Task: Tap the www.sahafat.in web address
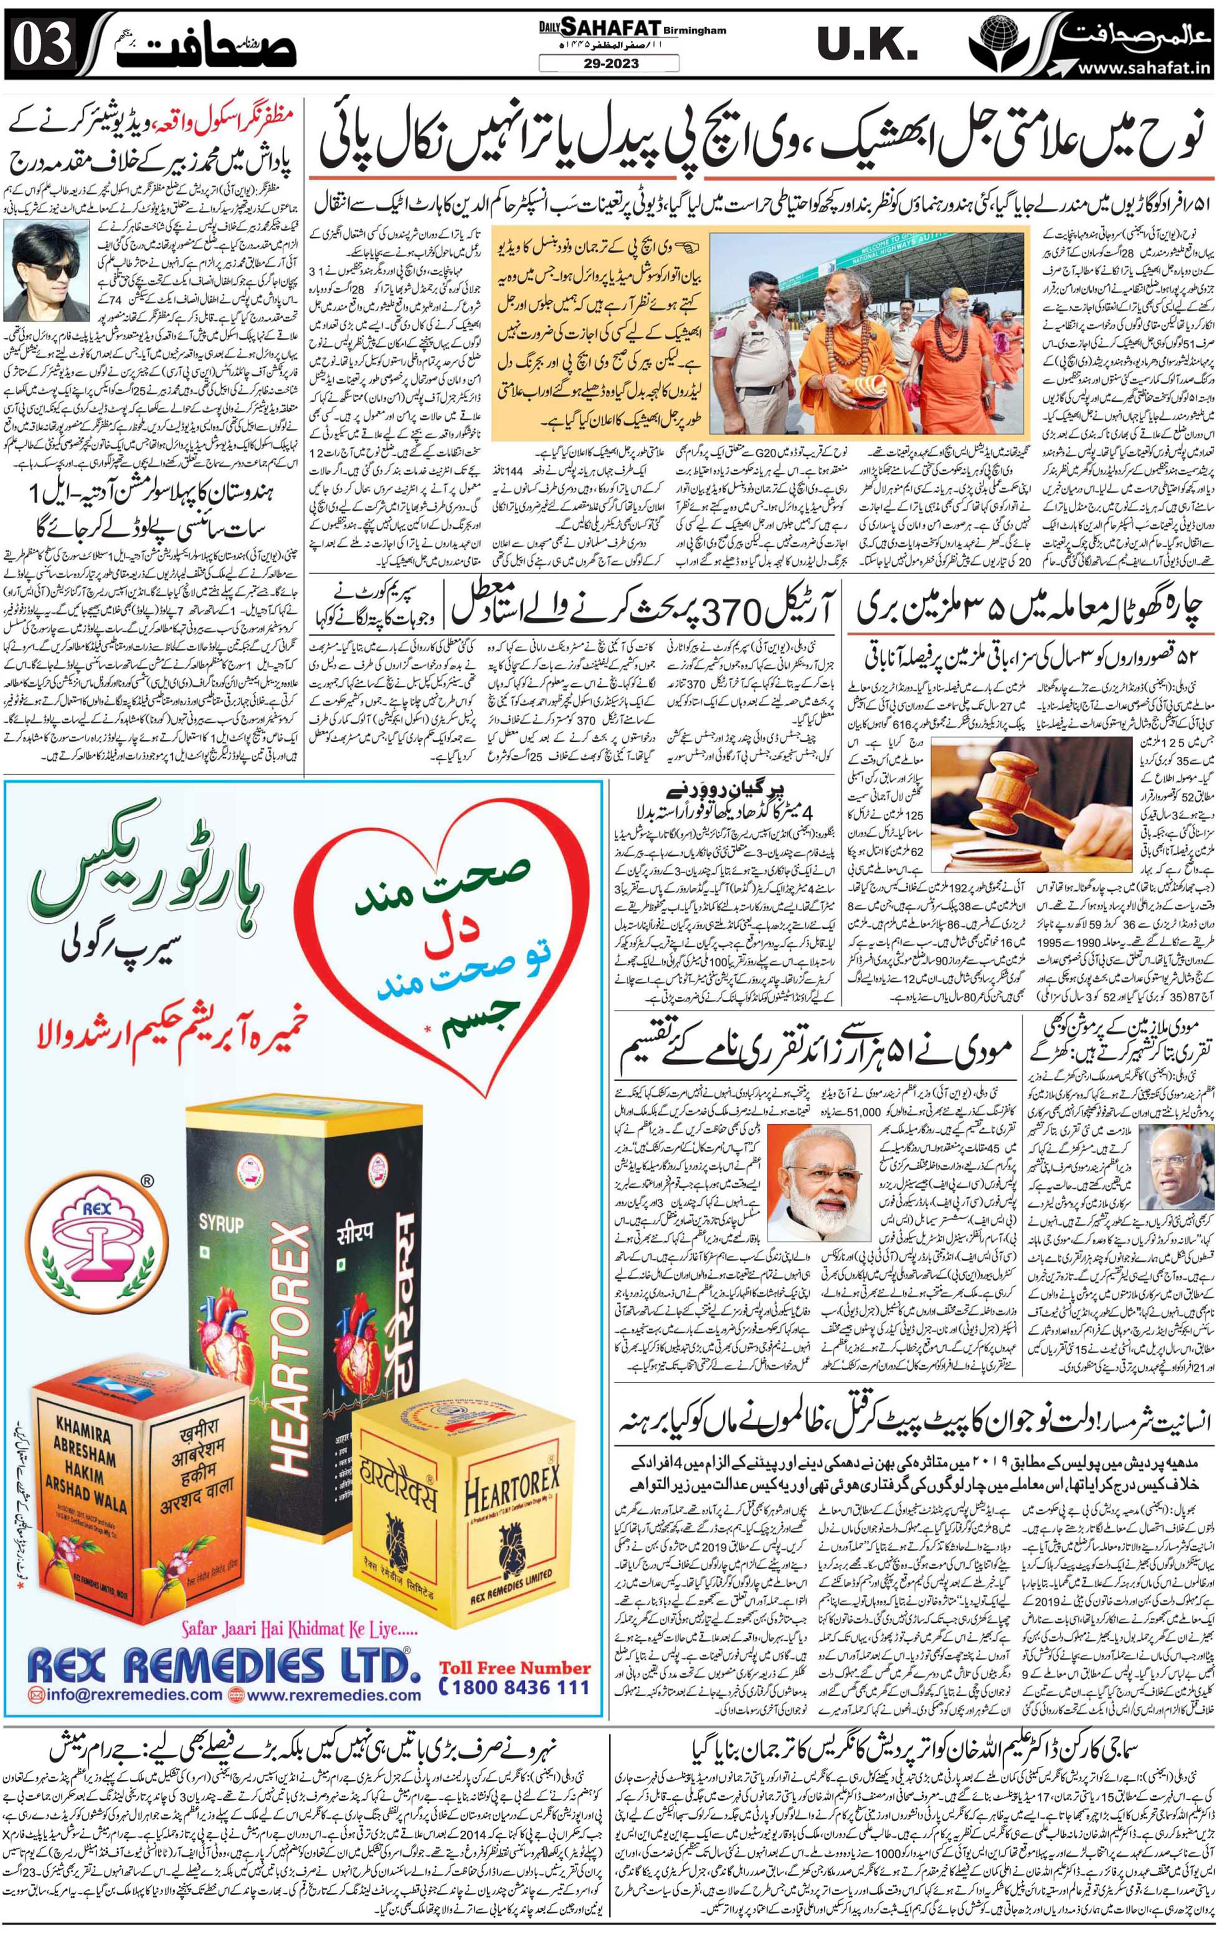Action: point(1144,68)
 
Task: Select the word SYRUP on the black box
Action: point(222,1223)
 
